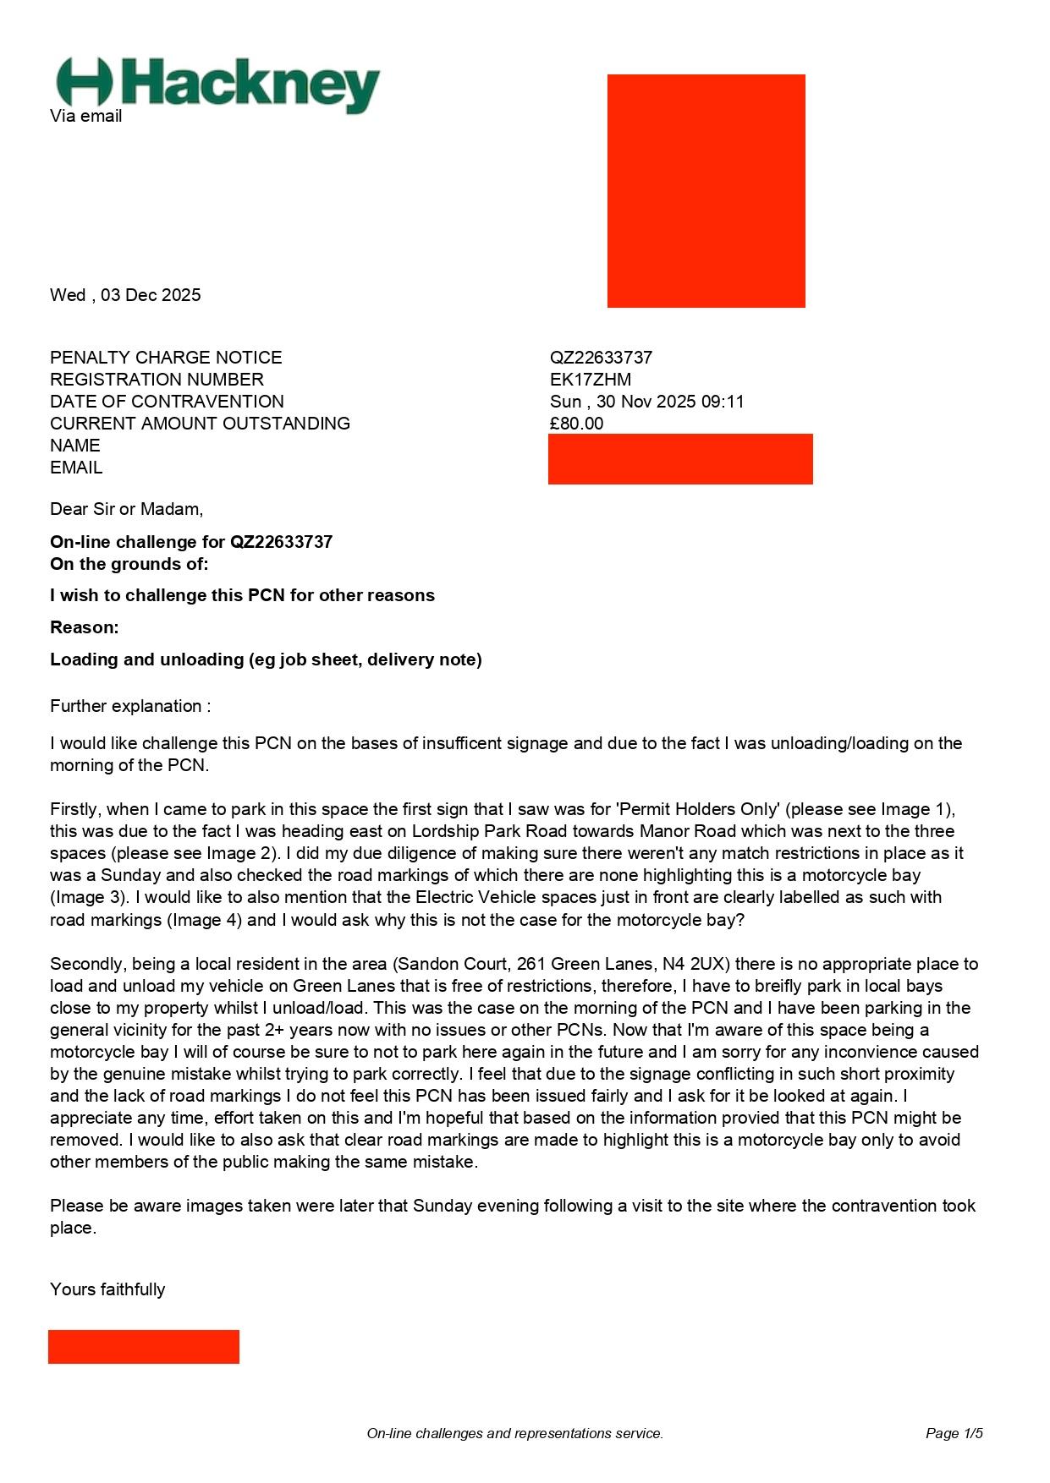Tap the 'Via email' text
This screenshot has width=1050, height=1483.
[85, 117]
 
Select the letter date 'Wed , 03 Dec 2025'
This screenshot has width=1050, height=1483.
[125, 295]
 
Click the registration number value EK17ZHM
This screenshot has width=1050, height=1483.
[590, 380]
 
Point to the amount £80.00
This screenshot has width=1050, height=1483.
[576, 424]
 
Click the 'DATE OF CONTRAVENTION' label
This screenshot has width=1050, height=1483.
[167, 402]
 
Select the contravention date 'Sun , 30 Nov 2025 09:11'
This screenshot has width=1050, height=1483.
[646, 402]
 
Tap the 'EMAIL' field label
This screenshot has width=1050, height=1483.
[76, 468]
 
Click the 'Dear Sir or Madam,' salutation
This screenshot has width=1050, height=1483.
[126, 509]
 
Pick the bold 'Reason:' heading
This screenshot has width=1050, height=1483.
[84, 627]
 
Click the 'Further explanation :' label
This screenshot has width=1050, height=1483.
[130, 706]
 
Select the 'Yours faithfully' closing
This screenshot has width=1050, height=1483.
[107, 1289]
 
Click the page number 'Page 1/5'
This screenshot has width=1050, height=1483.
[954, 1433]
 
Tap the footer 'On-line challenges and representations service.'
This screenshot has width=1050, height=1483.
[514, 1433]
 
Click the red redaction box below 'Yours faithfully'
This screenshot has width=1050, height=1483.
[143, 1346]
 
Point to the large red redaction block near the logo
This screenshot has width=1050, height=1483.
[706, 190]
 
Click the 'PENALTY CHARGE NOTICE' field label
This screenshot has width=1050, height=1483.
[166, 358]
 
